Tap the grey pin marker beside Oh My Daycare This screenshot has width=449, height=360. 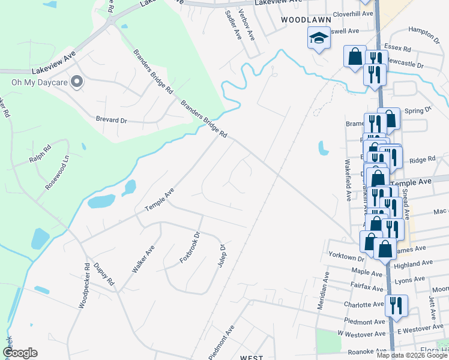77,82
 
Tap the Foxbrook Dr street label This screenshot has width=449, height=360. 188,251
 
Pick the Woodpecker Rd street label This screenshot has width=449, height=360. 83,286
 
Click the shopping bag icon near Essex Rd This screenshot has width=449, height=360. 355,56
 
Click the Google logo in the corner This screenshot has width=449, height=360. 20,353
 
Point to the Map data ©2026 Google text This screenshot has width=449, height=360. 412,355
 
